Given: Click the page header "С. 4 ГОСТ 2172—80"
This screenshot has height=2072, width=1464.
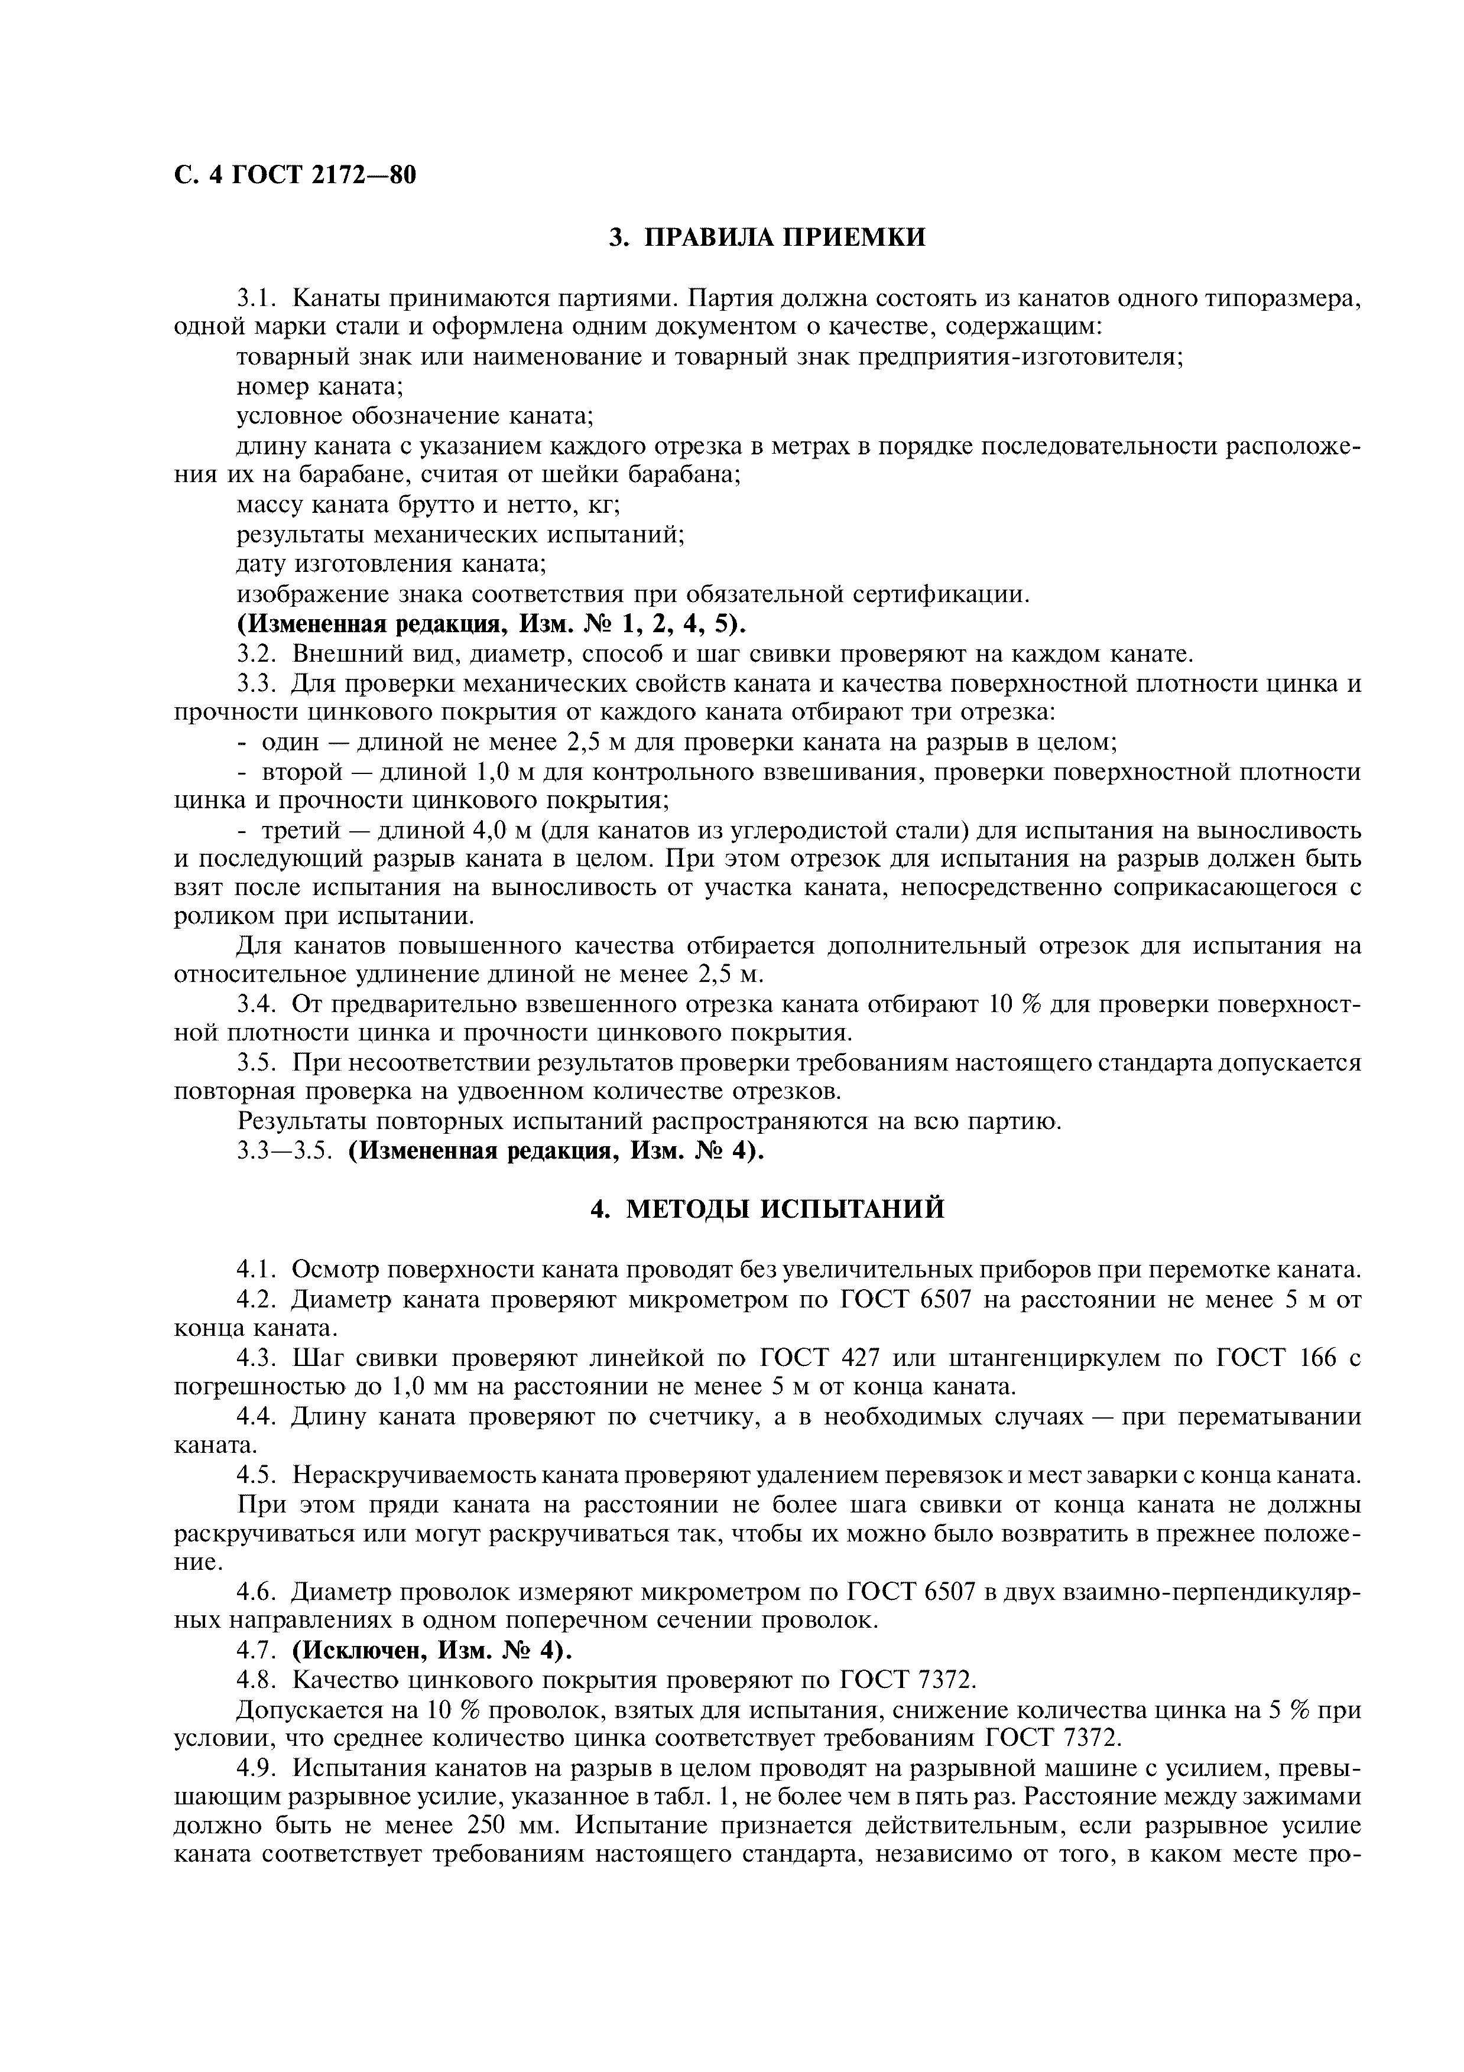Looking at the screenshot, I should (295, 174).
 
